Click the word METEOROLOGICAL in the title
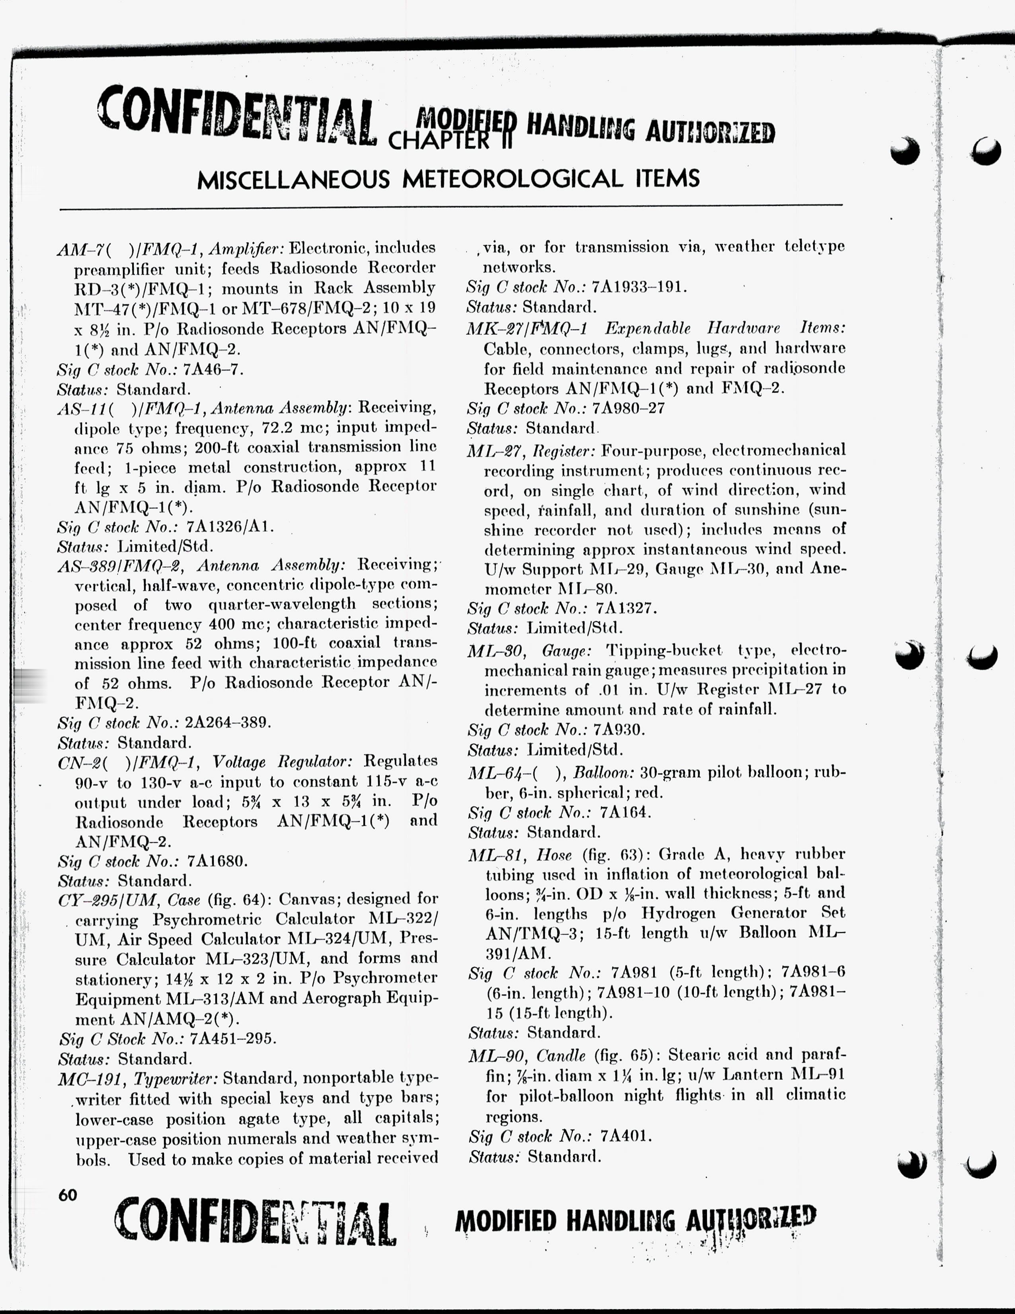click(512, 179)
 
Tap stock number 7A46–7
click(213, 369)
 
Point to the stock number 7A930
click(619, 730)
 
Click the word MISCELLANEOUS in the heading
click(293, 179)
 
